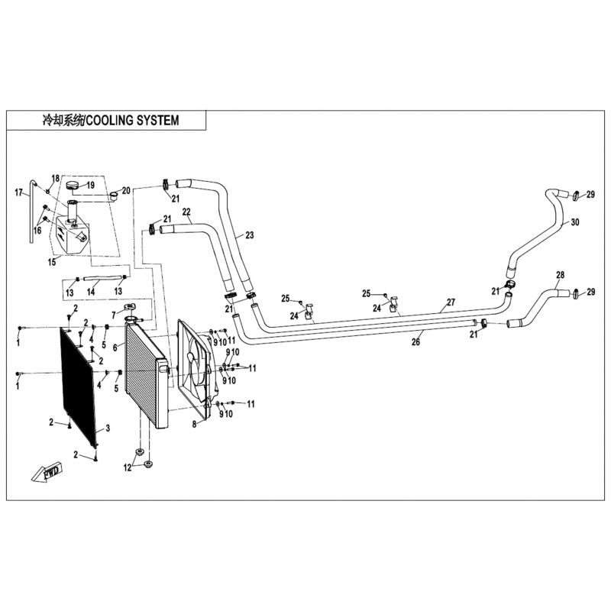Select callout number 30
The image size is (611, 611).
[575, 222]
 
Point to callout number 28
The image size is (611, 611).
[560, 275]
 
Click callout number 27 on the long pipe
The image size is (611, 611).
[451, 302]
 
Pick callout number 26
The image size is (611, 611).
[415, 341]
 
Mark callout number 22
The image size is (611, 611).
[186, 212]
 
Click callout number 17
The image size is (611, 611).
[19, 192]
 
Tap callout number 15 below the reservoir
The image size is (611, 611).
[52, 262]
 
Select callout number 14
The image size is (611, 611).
[91, 291]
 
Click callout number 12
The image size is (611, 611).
[128, 467]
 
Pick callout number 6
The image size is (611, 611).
[115, 346]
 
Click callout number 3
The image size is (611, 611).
[107, 428]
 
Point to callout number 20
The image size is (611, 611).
[127, 190]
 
